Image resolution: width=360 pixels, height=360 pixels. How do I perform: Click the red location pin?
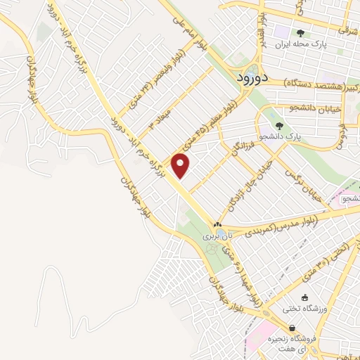(181, 167)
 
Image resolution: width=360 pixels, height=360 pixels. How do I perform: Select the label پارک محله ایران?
(302, 44)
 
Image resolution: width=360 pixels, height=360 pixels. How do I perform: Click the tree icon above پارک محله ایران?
(302, 33)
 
